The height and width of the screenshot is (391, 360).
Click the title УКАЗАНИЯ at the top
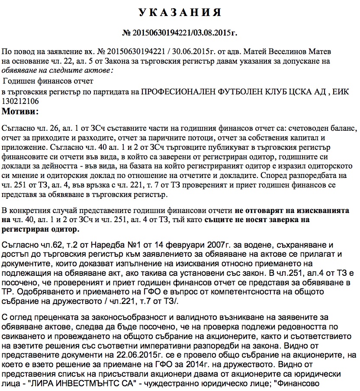(x=180, y=13)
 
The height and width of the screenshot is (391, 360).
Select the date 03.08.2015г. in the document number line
(x=215, y=32)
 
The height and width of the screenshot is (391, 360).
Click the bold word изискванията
(x=323, y=210)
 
